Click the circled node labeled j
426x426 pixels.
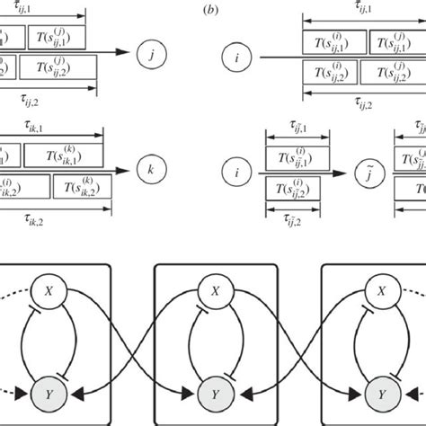[151, 52]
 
